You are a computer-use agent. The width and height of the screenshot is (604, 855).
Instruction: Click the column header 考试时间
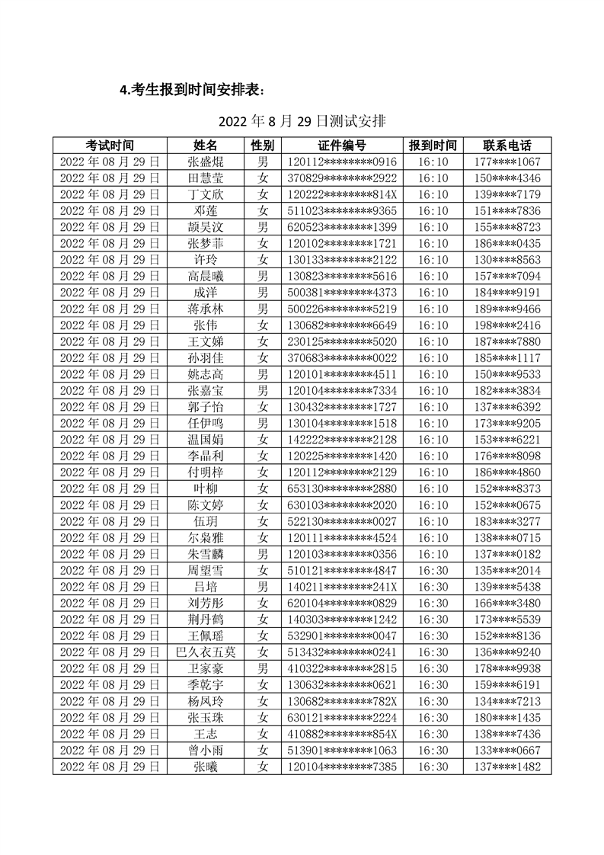coord(110,146)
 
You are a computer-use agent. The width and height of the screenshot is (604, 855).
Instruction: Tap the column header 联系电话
coord(507,146)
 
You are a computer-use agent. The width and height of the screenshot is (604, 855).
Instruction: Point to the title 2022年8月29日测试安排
coord(302,121)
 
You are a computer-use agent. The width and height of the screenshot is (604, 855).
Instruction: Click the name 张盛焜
coord(206,162)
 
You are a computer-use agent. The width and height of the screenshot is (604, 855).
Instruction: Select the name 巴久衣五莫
coord(206,652)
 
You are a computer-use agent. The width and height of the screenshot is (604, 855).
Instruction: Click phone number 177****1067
coord(507,162)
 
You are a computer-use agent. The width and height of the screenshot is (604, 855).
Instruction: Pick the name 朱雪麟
coord(206,554)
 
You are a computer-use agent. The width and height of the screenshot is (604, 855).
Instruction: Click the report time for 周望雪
coord(433,570)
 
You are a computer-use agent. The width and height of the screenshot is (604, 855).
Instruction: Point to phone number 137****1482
coord(507,766)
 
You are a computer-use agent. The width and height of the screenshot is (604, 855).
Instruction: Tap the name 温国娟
coord(206,440)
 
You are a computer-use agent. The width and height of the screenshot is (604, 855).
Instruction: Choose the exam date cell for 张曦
coord(110,766)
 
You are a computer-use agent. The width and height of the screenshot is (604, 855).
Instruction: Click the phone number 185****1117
coord(507,357)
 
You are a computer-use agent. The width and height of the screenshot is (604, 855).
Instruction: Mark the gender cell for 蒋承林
coord(263,309)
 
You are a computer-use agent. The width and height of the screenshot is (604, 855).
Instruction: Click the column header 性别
coord(263,146)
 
